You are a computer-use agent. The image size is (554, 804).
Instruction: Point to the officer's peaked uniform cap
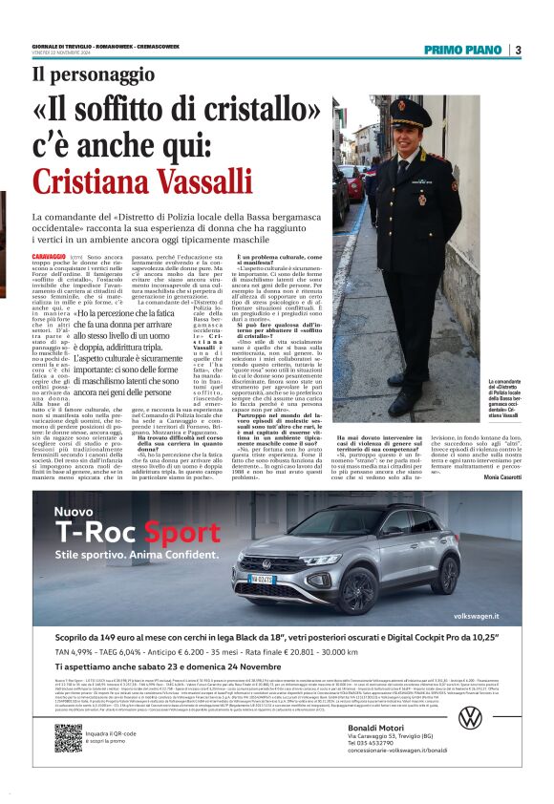pyautogui.click(x=410, y=114)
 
